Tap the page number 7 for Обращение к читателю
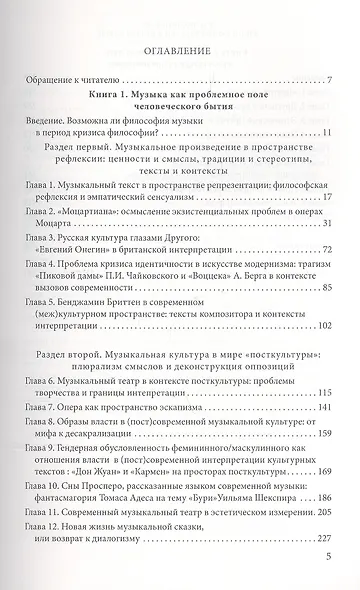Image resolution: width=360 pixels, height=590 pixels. (329, 80)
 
